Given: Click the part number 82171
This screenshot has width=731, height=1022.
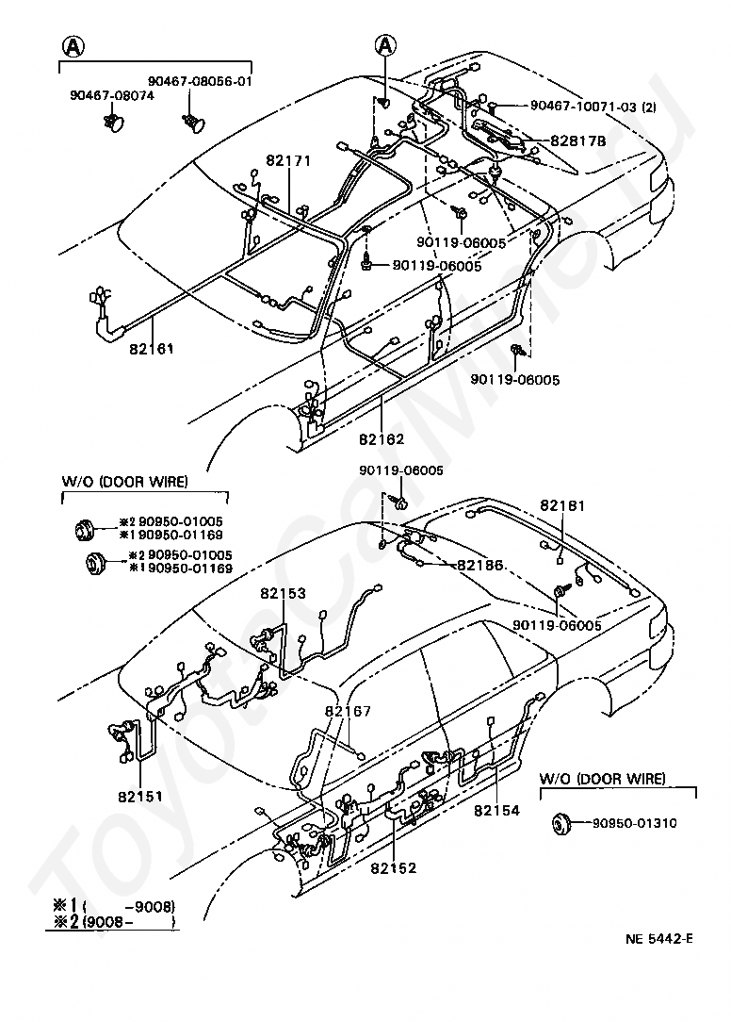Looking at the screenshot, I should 288,161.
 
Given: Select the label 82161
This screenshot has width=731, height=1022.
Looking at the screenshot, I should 152,348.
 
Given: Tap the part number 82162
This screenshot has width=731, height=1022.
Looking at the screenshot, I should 382,438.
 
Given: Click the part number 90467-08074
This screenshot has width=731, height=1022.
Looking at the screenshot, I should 111,94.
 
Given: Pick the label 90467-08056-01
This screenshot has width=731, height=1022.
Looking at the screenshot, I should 200,81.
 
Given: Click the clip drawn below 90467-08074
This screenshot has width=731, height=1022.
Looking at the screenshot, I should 115,123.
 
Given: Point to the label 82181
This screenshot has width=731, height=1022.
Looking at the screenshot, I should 562,505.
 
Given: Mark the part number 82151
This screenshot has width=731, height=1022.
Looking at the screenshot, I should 140,796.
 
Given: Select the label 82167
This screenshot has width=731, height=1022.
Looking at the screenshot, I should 348,711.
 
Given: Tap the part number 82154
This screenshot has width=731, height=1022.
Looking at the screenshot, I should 496,810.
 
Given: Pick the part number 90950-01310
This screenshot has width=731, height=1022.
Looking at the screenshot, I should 634,823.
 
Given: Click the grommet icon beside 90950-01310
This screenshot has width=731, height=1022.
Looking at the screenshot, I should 562,824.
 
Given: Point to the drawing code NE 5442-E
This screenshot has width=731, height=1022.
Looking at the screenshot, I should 659,938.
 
